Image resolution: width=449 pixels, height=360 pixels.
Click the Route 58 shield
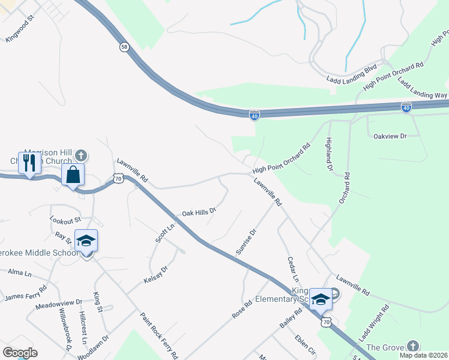pyautogui.click(x=124, y=47)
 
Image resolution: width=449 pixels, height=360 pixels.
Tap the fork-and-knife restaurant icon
pyautogui.click(x=29, y=163)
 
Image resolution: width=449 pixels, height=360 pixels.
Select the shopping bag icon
pyautogui.click(x=73, y=175)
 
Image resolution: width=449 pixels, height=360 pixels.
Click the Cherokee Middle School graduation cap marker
pyautogui.click(x=86, y=241)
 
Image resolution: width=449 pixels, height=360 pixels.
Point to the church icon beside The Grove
pyautogui.click(x=412, y=346)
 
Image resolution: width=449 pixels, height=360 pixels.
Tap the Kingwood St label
pyautogui.click(x=21, y=31)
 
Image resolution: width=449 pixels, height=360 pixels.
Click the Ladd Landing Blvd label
pyautogui.click(x=351, y=73)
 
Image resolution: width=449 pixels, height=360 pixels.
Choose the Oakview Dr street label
pyautogui.click(x=390, y=136)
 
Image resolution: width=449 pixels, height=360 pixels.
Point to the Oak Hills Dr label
pyautogui.click(x=198, y=212)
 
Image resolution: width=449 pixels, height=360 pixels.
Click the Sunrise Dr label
pyautogui.click(x=246, y=241)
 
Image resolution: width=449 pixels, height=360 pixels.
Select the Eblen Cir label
pyautogui.click(x=305, y=345)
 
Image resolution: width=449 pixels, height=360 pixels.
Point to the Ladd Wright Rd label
pyautogui.click(x=373, y=323)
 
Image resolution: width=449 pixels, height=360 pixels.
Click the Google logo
pyautogui.click(x=20, y=353)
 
